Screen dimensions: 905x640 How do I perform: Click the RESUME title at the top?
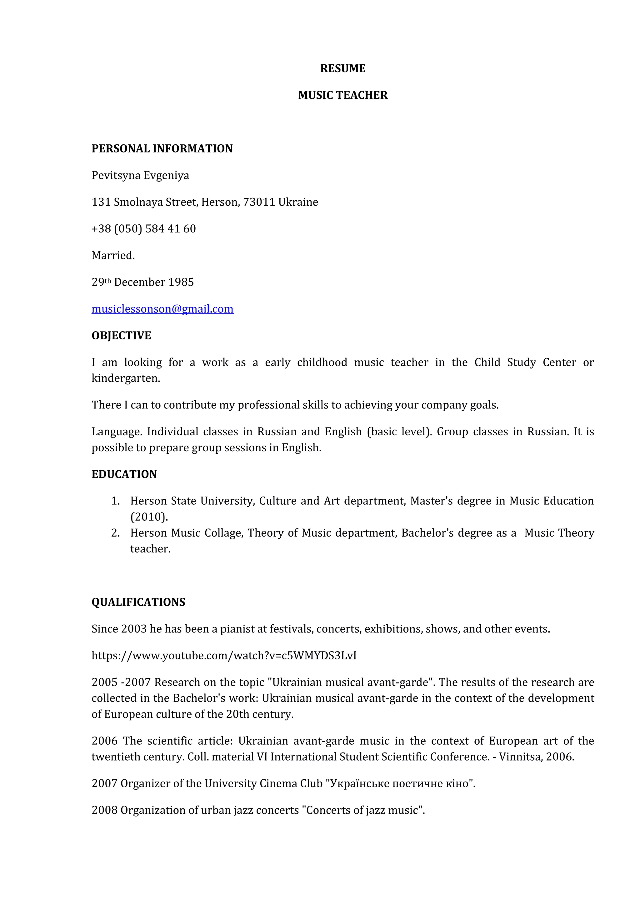342,68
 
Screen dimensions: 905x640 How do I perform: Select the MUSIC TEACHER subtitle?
342,95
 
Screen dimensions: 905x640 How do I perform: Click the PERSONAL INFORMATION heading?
162,149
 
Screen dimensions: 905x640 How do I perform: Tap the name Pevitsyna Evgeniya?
140,175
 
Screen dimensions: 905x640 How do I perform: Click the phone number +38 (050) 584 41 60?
144,229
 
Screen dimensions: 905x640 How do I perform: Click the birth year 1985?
181,282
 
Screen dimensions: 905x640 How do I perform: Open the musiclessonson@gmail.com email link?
162,309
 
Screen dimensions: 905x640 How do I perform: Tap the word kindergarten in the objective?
126,378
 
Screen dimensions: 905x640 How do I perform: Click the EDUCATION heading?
124,474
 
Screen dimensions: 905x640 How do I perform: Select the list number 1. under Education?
115,501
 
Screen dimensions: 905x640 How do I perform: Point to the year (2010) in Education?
149,517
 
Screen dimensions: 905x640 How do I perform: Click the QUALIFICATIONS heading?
138,602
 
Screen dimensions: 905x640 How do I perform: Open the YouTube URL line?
224,656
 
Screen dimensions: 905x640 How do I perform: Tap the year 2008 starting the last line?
104,810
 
